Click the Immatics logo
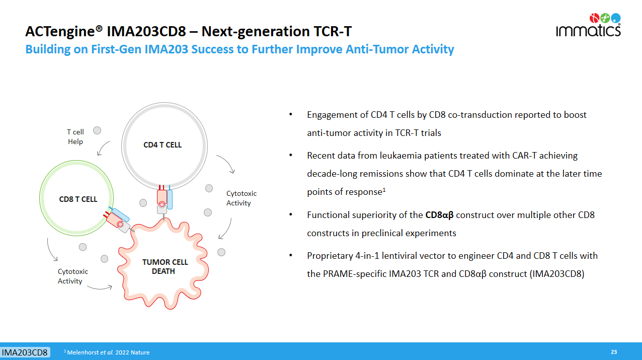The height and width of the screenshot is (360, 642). click(588, 25)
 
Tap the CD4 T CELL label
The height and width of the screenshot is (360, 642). click(163, 145)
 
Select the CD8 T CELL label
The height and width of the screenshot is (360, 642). click(78, 199)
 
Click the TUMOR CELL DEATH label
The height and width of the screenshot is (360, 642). click(165, 266)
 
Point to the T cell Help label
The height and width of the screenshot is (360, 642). click(75, 136)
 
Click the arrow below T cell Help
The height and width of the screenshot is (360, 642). click(102, 147)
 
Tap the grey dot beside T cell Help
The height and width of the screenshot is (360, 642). click(97, 130)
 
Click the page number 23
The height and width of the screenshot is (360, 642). click(614, 352)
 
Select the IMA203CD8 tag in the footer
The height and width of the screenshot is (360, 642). click(25, 352)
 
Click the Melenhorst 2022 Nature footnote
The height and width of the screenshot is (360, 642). click(107, 352)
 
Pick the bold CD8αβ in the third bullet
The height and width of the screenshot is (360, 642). click(439, 215)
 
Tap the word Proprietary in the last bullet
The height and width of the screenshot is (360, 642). click(330, 256)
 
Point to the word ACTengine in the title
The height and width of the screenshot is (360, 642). click(60, 32)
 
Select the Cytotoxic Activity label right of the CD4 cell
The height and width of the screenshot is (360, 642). click(242, 198)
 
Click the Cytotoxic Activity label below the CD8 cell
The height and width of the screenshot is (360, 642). click(73, 276)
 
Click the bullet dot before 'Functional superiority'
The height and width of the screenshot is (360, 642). click(291, 214)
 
